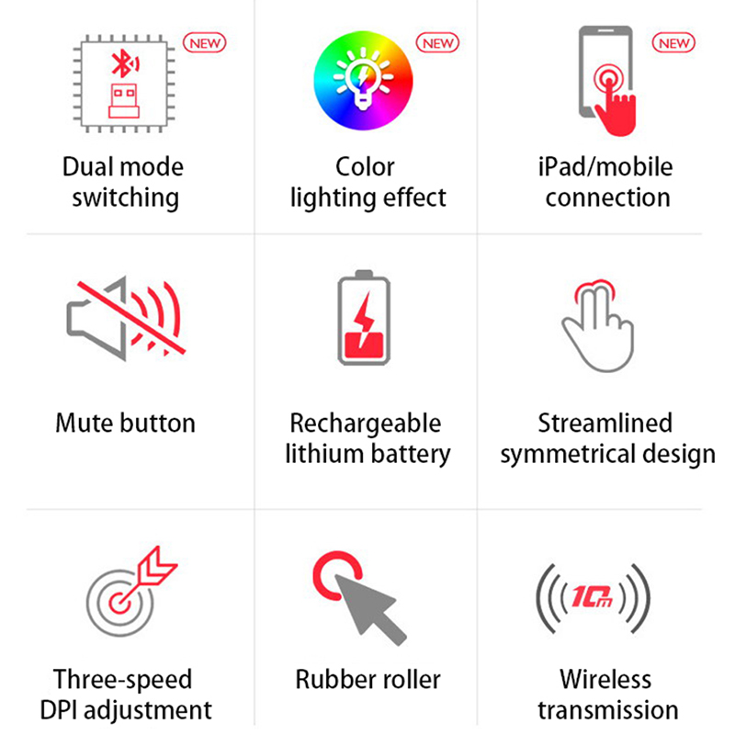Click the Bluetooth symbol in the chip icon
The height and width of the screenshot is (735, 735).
(x=124, y=62)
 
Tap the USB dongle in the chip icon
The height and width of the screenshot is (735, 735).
(x=124, y=100)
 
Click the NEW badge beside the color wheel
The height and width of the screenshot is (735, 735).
(x=437, y=42)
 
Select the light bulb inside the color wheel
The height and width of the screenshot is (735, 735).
(x=363, y=79)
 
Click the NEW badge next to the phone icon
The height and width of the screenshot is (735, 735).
(x=673, y=42)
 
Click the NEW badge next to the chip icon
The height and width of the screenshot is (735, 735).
(x=204, y=42)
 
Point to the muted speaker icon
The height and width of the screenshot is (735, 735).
(x=126, y=319)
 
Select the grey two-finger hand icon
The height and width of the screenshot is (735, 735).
(x=598, y=328)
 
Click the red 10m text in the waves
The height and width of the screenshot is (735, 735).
(x=593, y=596)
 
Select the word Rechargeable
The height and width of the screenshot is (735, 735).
(x=366, y=424)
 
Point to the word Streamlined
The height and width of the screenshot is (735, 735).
(x=605, y=423)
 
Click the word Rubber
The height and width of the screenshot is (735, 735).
(x=332, y=680)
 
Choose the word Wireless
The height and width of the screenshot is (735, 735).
(x=605, y=680)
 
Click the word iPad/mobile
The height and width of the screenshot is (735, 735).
(x=605, y=167)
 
